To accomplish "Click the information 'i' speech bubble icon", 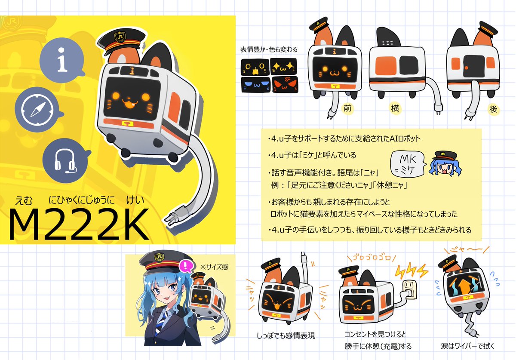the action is tap(62, 60).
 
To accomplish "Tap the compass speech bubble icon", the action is tap(37, 110).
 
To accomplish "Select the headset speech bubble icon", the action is tap(65, 160).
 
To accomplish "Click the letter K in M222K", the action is tap(133, 224).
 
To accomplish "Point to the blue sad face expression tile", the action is tap(255, 85).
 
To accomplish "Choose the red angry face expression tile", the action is tap(285, 85).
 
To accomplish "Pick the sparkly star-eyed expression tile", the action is tap(283, 66).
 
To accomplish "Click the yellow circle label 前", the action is tap(347, 108).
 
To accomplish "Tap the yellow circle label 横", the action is tap(395, 108).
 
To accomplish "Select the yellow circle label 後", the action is tap(494, 109).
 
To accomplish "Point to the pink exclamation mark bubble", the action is tap(186, 266).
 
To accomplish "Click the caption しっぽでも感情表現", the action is tap(286, 335).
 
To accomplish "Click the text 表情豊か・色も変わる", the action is tap(269, 49).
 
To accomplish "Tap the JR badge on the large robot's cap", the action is tap(120, 37).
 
